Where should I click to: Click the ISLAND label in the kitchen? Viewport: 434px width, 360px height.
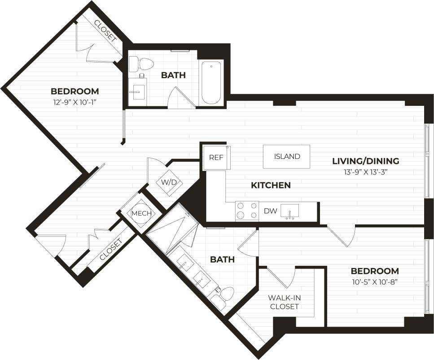287,157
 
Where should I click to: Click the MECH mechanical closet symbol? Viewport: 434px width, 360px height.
141,213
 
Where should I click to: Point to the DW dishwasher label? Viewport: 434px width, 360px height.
270,211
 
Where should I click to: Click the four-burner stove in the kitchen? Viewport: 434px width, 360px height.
247,211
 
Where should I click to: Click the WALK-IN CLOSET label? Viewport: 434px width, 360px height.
284,302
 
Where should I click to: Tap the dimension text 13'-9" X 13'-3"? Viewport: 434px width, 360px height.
365,172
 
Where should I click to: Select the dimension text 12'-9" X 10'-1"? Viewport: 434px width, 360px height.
75,102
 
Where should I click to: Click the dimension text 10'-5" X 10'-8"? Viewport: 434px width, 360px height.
374,282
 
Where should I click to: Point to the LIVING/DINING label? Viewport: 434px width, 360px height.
365,161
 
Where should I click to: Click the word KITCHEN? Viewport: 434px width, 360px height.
270,185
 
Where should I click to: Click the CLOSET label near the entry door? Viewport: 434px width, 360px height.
110,250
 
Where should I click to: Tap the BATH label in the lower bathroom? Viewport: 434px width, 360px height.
222,259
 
